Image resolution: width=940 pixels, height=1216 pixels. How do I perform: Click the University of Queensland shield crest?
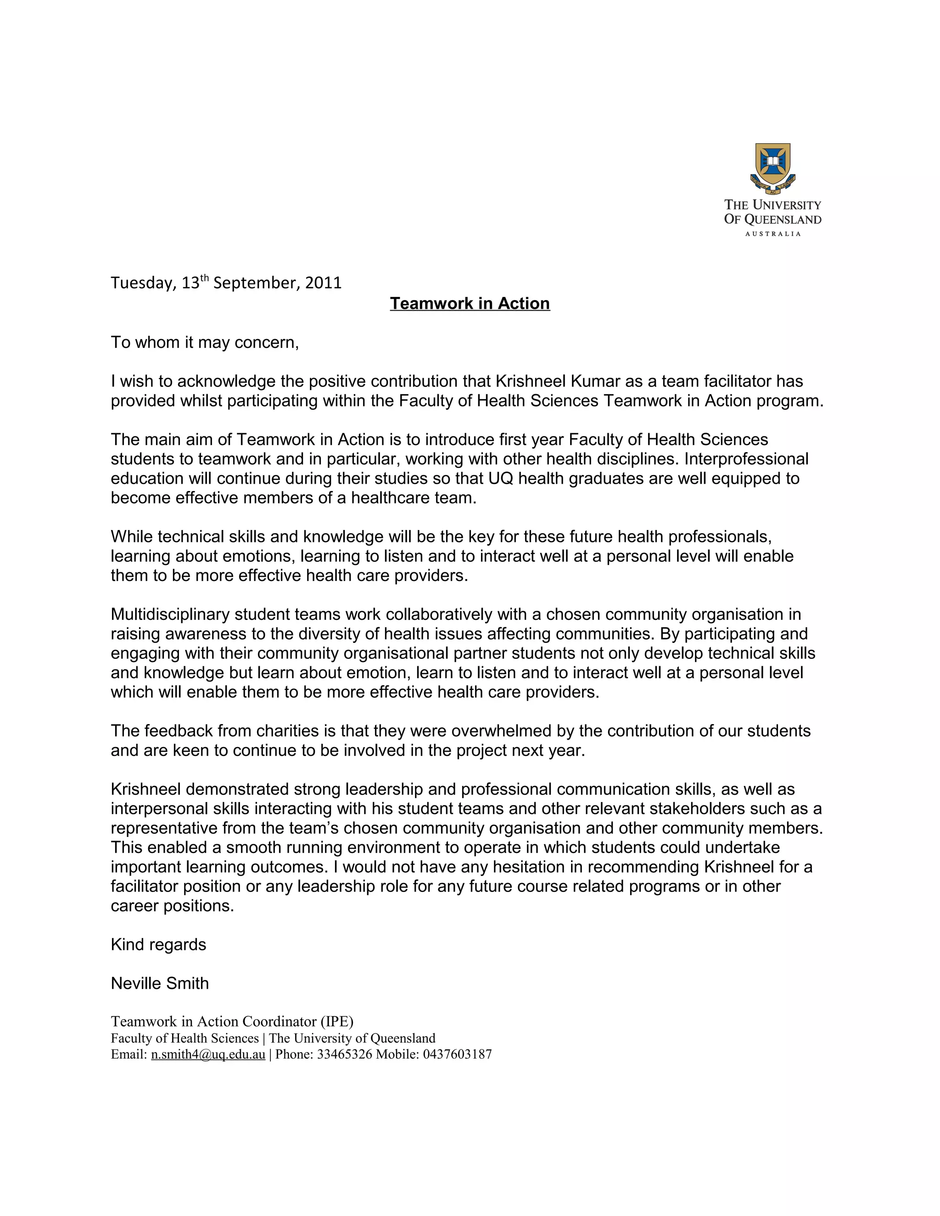coord(772,166)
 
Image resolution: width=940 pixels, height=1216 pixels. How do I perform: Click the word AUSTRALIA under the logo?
coord(772,234)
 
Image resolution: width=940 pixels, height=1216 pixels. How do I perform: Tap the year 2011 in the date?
coord(323,283)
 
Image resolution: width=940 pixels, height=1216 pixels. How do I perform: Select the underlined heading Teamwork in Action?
coord(470,303)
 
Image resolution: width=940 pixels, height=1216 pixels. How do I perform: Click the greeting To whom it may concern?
coord(204,342)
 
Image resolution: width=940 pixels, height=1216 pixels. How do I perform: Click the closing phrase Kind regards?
coord(158,945)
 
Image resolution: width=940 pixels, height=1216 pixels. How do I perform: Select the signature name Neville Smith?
coord(160,984)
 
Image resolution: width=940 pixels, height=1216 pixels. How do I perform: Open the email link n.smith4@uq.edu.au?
coord(208,1054)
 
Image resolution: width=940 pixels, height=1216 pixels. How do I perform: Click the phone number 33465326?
coord(344,1054)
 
